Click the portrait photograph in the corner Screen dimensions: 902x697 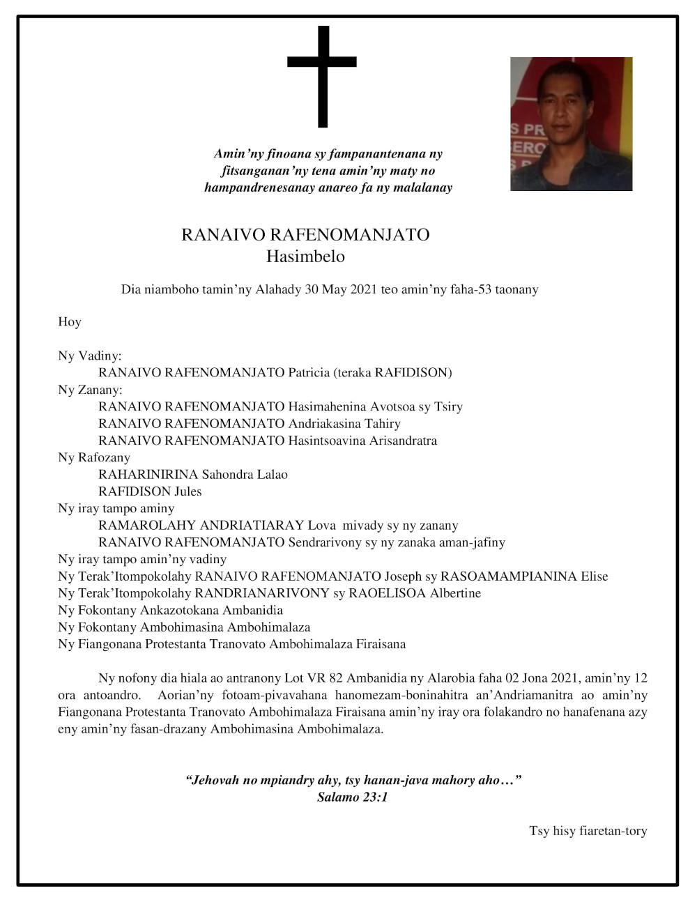(x=571, y=124)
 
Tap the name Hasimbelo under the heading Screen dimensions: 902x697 (x=305, y=257)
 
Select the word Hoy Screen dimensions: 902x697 (x=70, y=322)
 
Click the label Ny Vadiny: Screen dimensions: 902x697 (x=90, y=356)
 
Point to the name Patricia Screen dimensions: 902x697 (x=309, y=373)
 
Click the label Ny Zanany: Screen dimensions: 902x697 (x=90, y=390)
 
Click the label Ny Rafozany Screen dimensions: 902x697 (x=94, y=457)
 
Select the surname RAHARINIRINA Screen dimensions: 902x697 (x=148, y=475)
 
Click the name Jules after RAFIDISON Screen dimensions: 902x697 (x=187, y=491)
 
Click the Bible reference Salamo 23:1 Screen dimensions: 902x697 (x=352, y=797)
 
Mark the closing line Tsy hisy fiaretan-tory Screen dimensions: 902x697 (x=588, y=831)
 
